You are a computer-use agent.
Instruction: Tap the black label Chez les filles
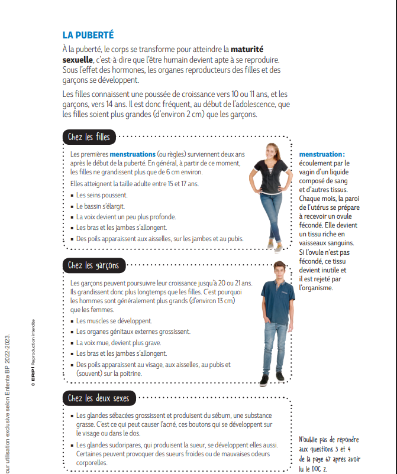coord(89,137)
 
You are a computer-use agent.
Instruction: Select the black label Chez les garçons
coord(93,265)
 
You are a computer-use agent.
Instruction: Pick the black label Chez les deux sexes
coord(98,398)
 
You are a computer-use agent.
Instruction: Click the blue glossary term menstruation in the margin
coord(321,154)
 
